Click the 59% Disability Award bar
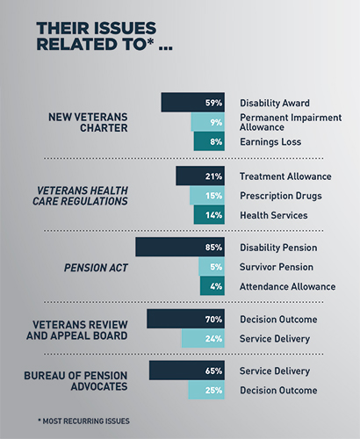click(x=193, y=103)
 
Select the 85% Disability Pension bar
click(x=180, y=247)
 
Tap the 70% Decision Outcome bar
click(x=186, y=319)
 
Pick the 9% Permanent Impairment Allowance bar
click(x=208, y=122)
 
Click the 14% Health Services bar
click(x=209, y=215)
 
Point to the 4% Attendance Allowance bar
click(x=212, y=286)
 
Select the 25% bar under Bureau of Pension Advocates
click(x=206, y=390)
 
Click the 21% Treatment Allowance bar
click(x=200, y=176)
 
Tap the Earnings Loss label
click(x=270, y=142)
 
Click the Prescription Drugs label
click(x=281, y=196)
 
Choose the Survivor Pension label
click(x=277, y=267)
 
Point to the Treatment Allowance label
click(x=285, y=176)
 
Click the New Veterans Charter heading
click(x=88, y=122)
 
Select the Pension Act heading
click(x=96, y=268)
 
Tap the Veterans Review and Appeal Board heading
click(x=77, y=330)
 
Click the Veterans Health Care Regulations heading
click(x=80, y=196)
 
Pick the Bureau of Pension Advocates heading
click(x=76, y=381)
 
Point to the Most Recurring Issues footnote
click(x=83, y=421)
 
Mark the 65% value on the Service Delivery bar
click(x=213, y=371)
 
